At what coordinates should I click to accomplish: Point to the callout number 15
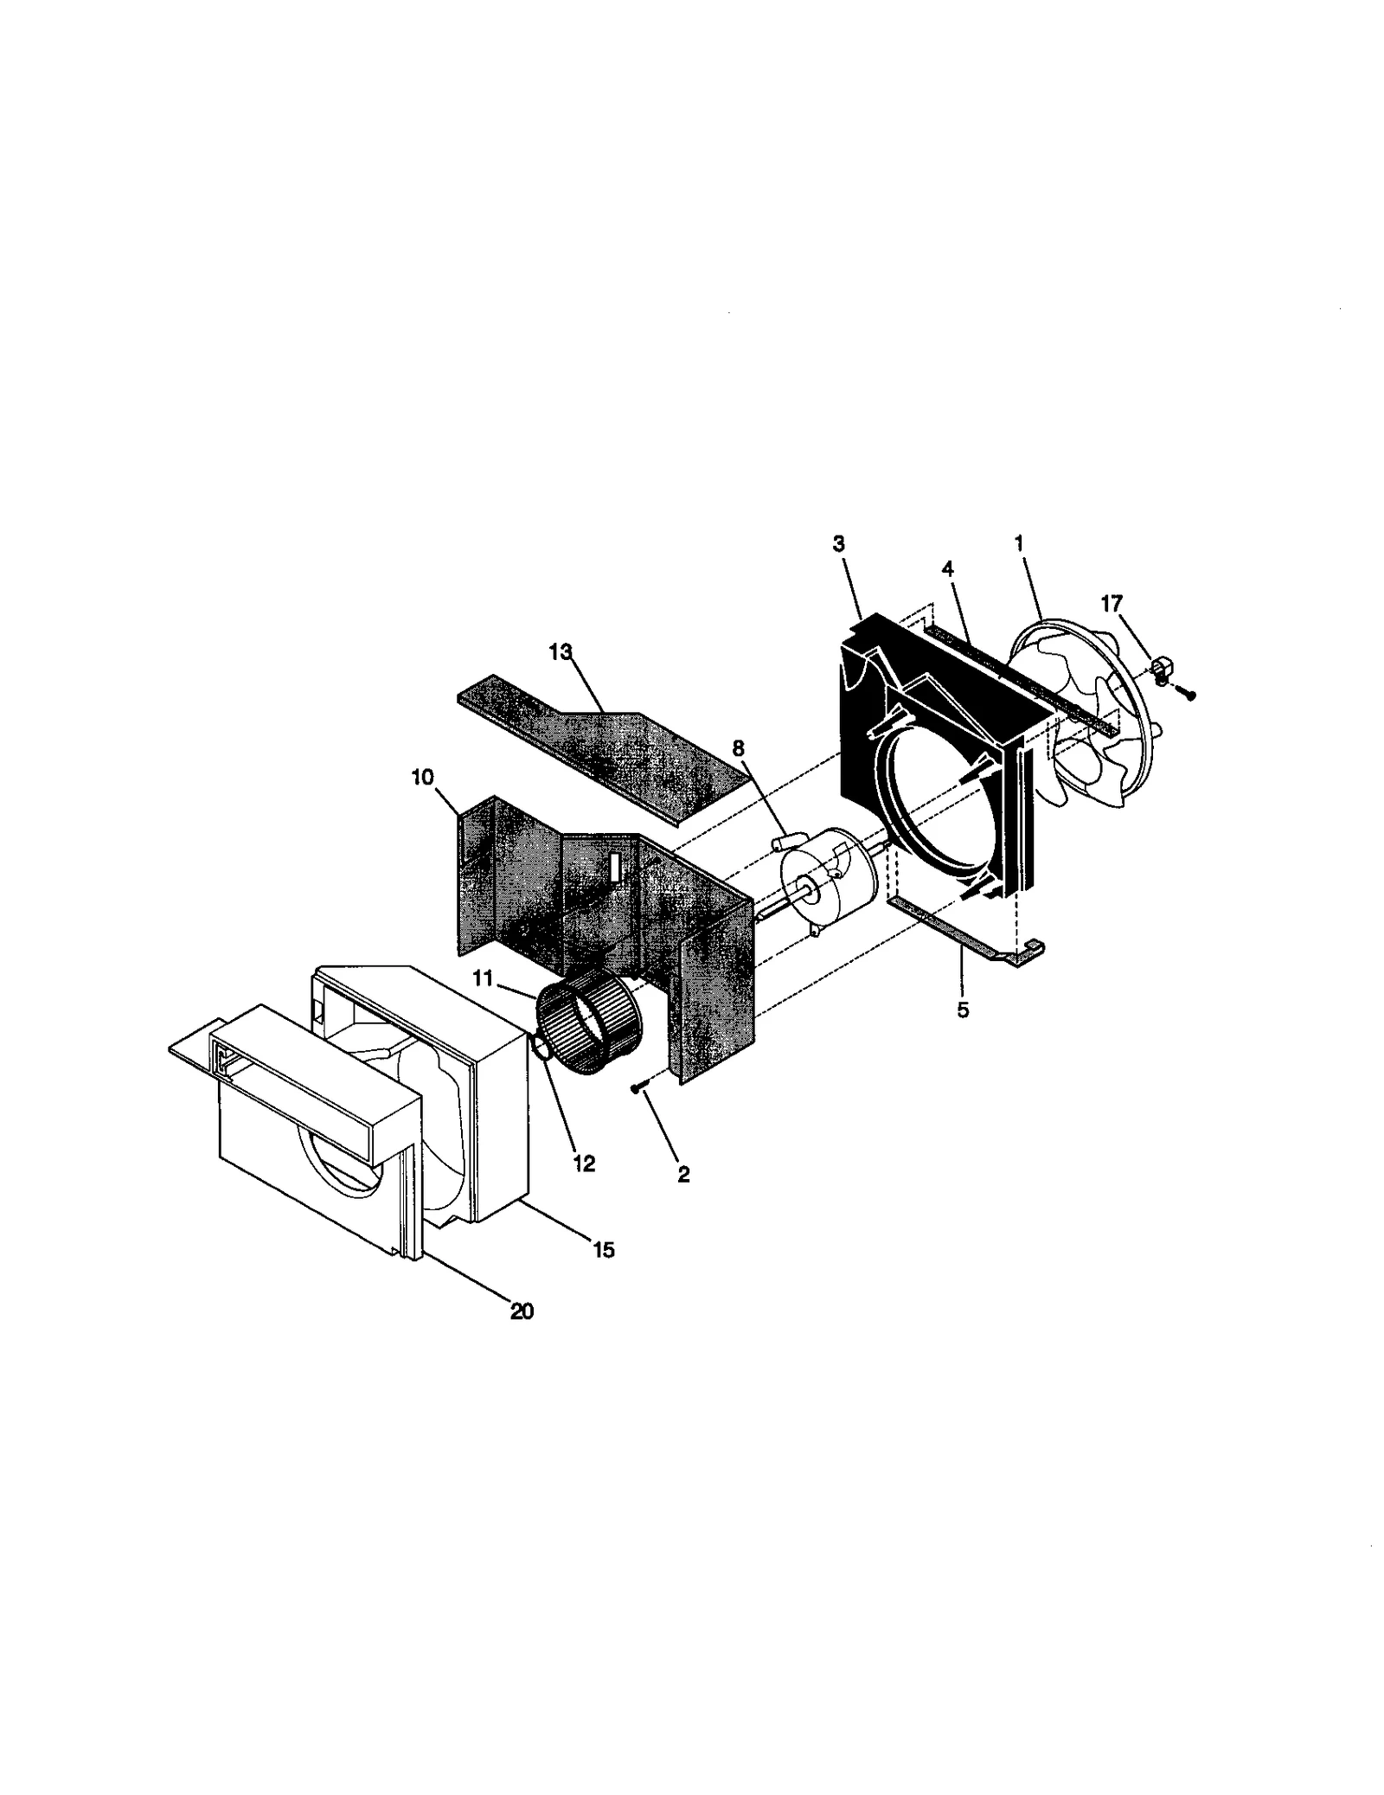point(603,1249)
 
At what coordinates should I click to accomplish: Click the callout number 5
point(963,1010)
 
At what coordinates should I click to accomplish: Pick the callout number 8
point(738,748)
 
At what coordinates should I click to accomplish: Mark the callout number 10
point(422,777)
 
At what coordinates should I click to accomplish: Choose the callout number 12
point(584,1164)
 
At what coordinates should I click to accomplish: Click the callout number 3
point(838,543)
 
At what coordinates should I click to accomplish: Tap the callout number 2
point(683,1174)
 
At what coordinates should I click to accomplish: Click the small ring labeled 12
point(540,1049)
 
